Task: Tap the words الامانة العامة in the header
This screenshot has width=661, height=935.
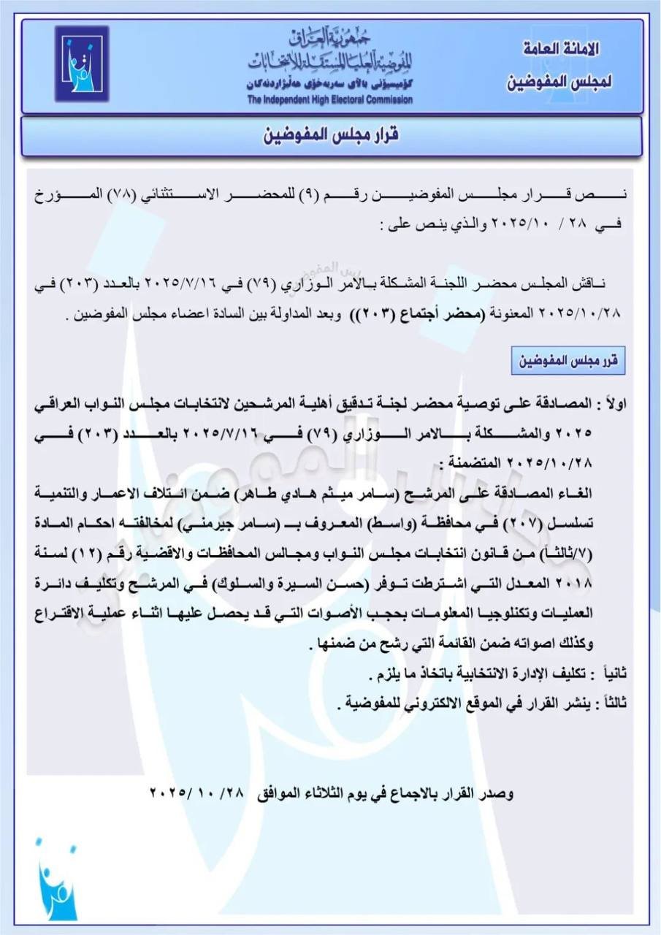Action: click(562, 50)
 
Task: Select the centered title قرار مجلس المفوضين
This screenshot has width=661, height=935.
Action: click(330, 136)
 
